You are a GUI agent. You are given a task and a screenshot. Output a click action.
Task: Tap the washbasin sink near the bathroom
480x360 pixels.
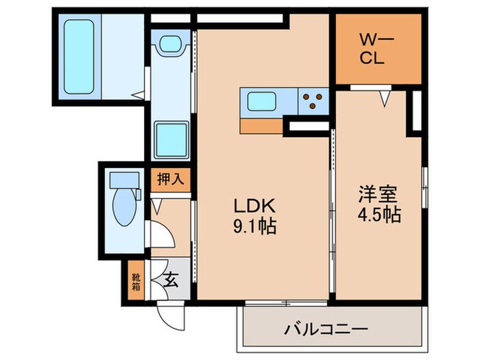(169, 45)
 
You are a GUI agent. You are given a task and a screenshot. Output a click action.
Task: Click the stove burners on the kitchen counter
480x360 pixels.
(315, 101)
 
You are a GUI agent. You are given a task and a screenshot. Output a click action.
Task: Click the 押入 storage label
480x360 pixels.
(170, 180)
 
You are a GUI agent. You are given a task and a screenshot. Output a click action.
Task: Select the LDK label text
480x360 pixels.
(255, 205)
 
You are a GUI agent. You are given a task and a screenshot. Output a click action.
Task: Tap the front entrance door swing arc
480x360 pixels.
(168, 316)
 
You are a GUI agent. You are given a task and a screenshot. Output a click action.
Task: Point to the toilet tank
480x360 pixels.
(124, 180)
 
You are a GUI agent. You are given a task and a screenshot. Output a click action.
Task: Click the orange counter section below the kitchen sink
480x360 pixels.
(261, 125)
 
